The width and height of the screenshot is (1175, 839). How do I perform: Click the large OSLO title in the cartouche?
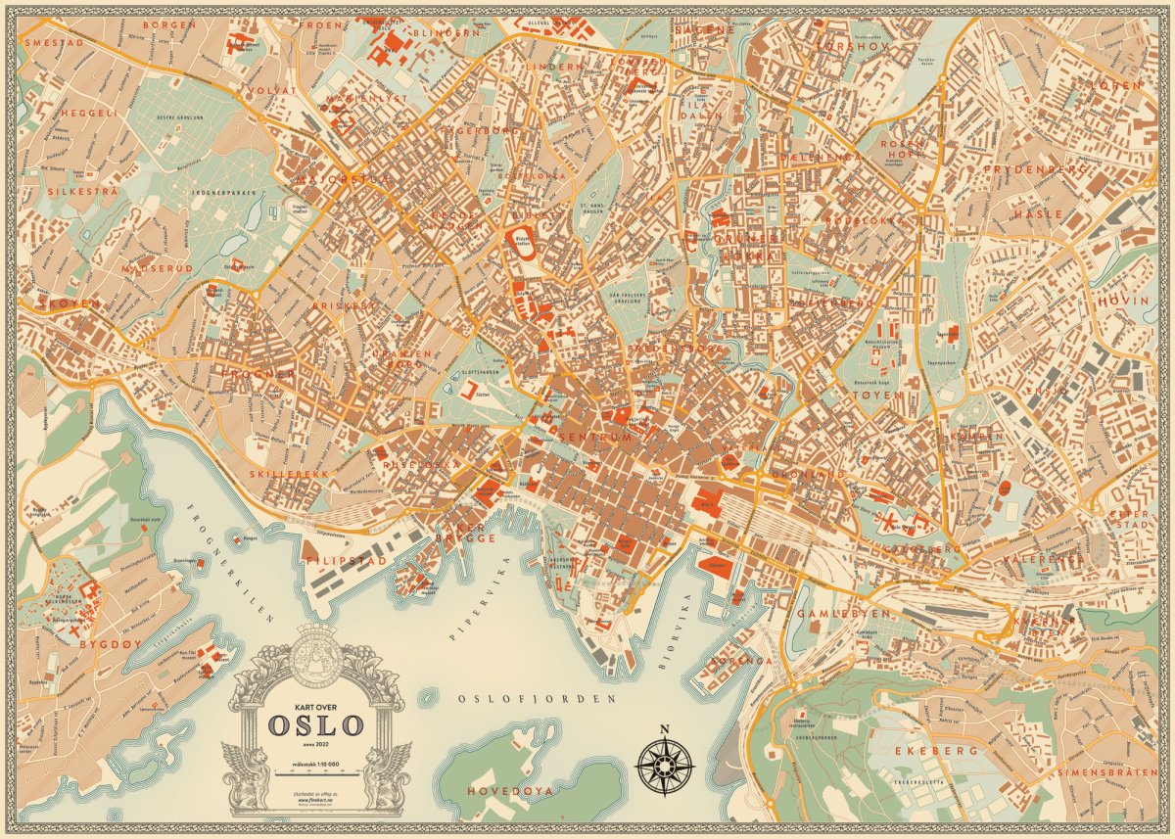point(316,726)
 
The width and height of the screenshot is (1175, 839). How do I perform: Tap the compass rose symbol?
point(665,764)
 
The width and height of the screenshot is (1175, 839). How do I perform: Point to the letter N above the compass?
point(664,728)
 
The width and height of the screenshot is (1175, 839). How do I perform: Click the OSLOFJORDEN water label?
point(539,699)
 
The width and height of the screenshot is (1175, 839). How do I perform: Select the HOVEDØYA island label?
point(510,789)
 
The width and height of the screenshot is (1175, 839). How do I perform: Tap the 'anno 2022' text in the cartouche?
point(315,746)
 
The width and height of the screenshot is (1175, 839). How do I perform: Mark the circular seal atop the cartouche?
point(315,654)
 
